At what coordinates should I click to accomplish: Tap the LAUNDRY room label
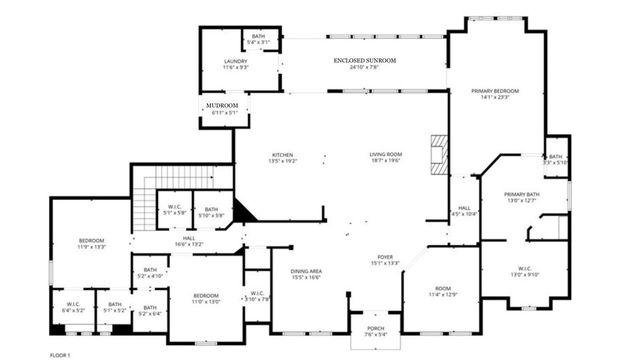pyautogui.click(x=236, y=64)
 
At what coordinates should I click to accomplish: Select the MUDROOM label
pyautogui.click(x=223, y=108)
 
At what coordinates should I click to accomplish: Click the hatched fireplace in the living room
pyautogui.click(x=436, y=155)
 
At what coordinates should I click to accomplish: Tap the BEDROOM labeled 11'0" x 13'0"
pyautogui.click(x=206, y=298)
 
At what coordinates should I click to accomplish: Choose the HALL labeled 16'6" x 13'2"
pyautogui.click(x=189, y=240)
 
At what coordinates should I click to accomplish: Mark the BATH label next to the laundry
pyautogui.click(x=259, y=40)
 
